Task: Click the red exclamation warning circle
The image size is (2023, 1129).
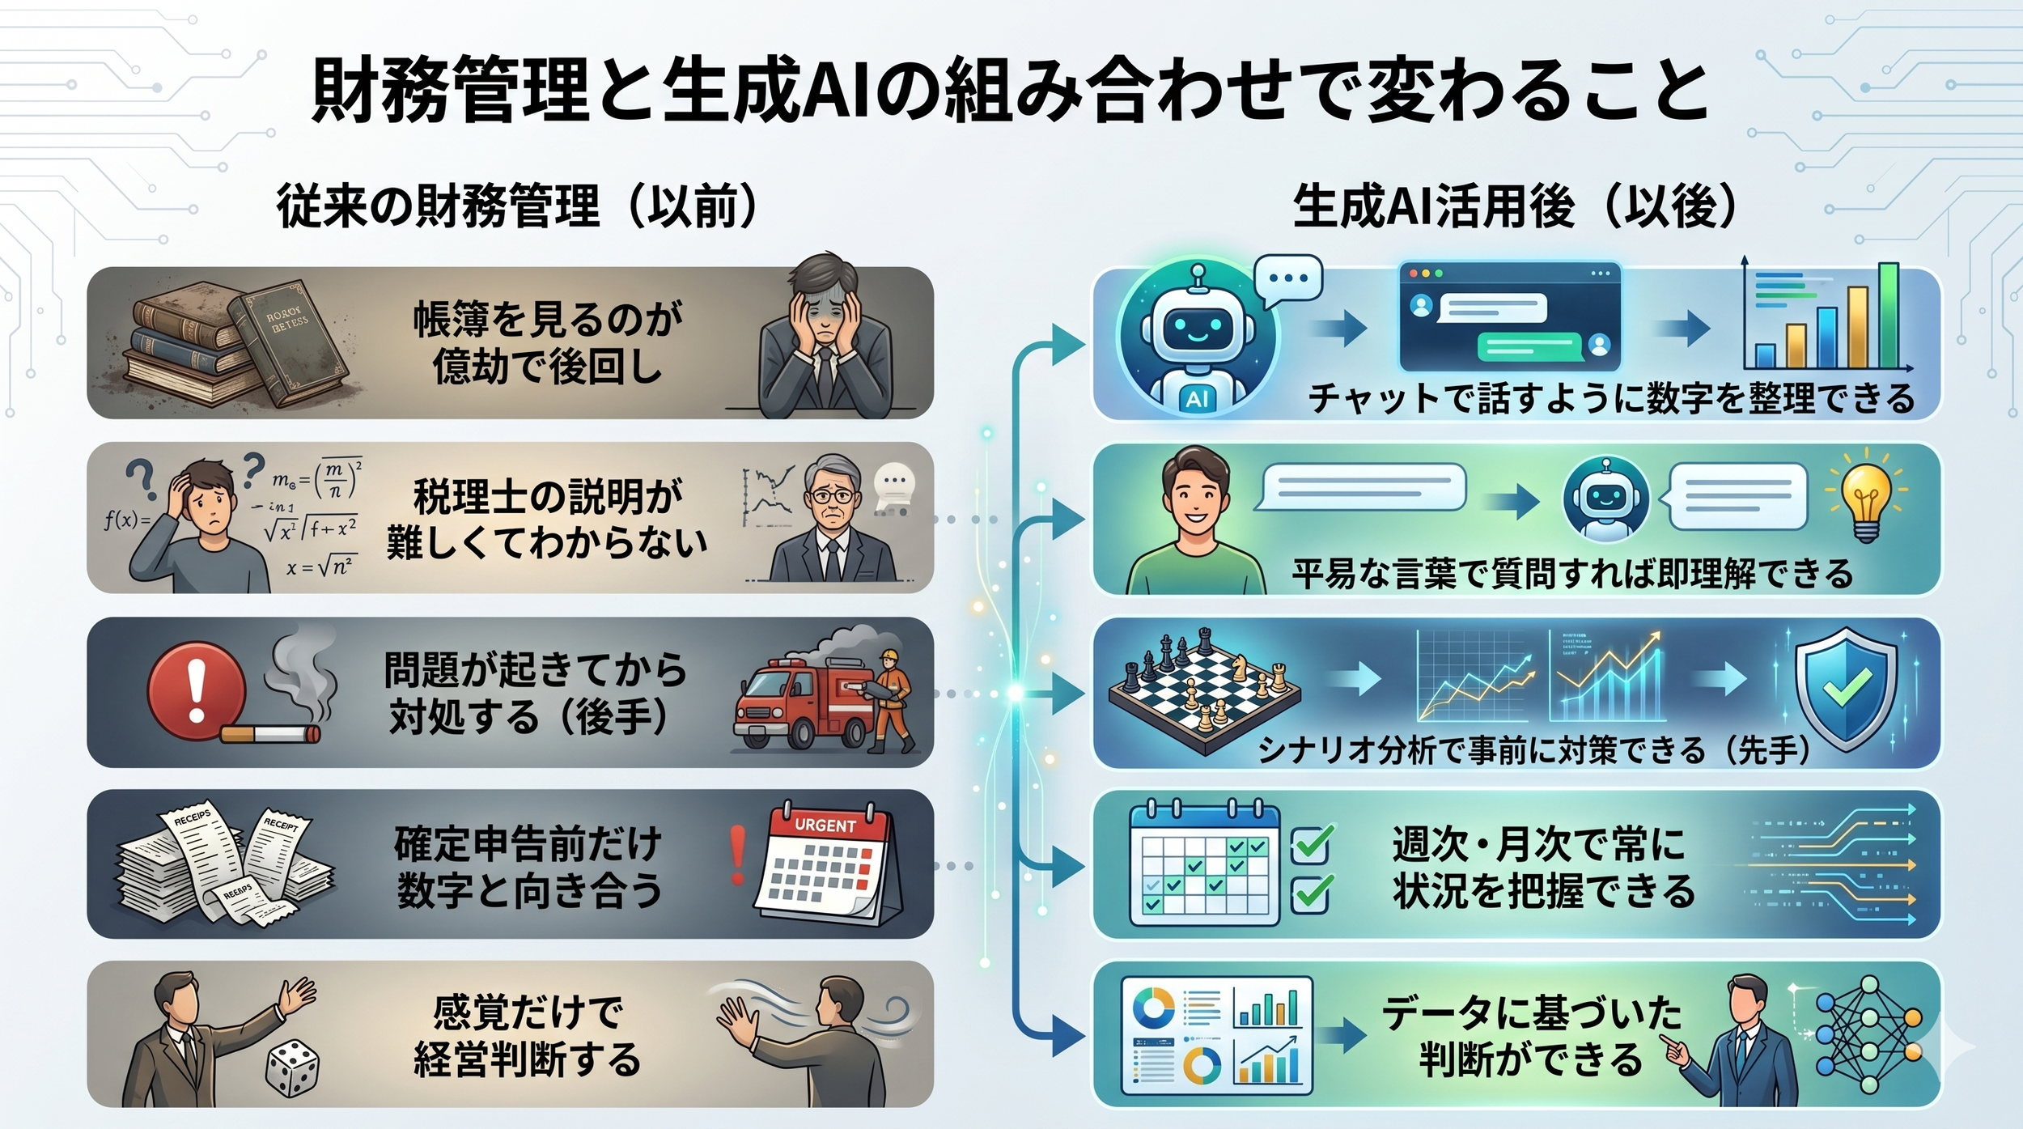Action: point(196,693)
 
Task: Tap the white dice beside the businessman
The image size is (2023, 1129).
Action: point(292,1068)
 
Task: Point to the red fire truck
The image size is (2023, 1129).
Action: point(801,700)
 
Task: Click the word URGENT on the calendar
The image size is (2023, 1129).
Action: point(825,826)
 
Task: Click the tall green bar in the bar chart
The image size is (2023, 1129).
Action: point(1888,316)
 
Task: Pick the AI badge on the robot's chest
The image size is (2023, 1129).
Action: point(1196,398)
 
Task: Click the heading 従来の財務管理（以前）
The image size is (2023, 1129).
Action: point(518,206)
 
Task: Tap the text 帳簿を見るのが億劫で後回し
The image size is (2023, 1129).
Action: point(548,343)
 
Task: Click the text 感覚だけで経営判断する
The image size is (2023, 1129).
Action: point(528,1036)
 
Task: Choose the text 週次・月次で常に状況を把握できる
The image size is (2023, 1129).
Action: point(1543,867)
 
